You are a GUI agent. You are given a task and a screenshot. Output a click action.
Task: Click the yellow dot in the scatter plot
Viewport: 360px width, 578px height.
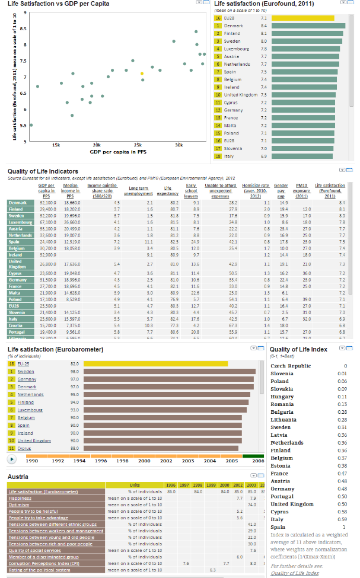tap(142, 74)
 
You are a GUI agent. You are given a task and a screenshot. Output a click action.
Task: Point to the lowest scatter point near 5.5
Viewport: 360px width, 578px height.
tap(31, 125)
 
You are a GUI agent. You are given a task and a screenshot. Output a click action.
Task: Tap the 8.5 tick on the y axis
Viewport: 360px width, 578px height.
tap(23, 28)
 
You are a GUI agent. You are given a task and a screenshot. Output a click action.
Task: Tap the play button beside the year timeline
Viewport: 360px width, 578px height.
tap(11, 459)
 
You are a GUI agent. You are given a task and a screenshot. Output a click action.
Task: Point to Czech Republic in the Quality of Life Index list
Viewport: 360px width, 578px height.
tap(291, 366)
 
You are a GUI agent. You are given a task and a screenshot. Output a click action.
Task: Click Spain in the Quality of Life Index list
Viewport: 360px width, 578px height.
tap(278, 527)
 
